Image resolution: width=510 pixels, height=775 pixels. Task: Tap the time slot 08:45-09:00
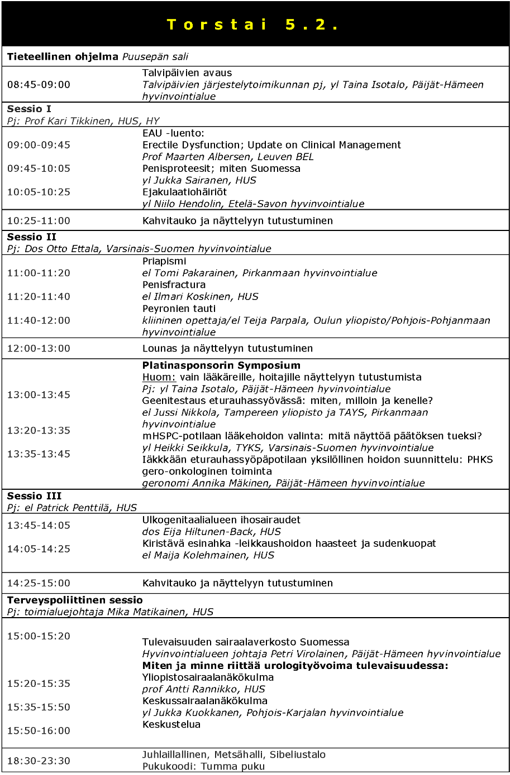[x=39, y=85]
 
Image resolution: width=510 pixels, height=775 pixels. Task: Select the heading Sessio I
[x=29, y=109]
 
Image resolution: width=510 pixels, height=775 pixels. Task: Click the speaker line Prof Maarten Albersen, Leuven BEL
[x=228, y=157]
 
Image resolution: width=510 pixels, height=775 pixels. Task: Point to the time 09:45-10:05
[x=39, y=169]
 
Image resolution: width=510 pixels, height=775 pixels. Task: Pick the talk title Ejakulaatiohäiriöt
[x=184, y=192]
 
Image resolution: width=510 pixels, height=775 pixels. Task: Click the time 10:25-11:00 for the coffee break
[x=39, y=221]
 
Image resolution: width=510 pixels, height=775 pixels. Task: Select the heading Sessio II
[x=32, y=237]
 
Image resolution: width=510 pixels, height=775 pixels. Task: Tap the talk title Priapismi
[x=164, y=261]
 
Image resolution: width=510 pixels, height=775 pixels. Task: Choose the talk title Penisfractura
[x=174, y=285]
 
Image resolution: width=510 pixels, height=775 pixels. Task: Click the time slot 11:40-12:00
[x=39, y=320]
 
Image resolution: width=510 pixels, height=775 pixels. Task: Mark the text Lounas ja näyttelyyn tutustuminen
[x=227, y=349]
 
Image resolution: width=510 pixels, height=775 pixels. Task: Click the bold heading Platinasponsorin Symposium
[x=221, y=365]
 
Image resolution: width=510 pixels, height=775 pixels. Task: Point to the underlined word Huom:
[x=159, y=377]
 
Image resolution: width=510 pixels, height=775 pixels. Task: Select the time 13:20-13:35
[x=39, y=430]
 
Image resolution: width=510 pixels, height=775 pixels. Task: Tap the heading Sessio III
[x=34, y=496]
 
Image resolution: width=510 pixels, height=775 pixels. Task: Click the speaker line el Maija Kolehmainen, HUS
[x=208, y=555]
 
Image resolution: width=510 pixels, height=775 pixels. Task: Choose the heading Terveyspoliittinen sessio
[x=75, y=600]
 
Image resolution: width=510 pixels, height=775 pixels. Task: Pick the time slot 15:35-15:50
[x=39, y=707]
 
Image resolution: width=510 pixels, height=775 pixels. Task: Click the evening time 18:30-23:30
[x=39, y=760]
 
